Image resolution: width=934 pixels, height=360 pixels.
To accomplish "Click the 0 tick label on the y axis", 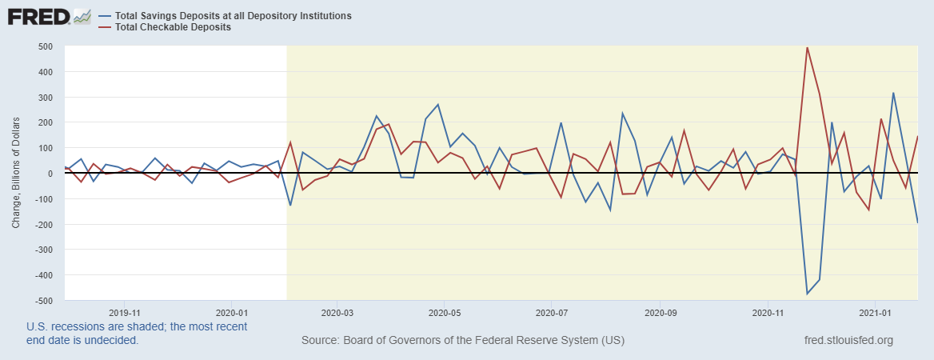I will point(50,174).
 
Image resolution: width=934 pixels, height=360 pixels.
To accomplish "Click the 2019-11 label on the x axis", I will point(124,312).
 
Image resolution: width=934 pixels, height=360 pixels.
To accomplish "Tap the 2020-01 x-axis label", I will point(231,312).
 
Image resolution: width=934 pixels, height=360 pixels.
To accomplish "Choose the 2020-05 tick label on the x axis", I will point(445,312).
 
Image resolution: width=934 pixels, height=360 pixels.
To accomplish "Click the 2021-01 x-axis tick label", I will point(876,312).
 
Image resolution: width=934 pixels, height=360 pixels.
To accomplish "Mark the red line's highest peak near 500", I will point(807,47).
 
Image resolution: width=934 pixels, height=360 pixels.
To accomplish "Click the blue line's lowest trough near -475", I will point(807,294).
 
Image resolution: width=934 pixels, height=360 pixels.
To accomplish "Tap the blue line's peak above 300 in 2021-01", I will point(893,93).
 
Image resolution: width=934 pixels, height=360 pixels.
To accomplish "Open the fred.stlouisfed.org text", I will point(848,341).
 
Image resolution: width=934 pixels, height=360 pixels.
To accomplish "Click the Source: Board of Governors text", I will point(463,341).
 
